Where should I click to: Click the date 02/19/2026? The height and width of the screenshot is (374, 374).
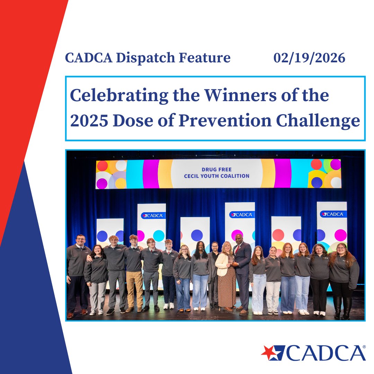pyautogui.click(x=309, y=58)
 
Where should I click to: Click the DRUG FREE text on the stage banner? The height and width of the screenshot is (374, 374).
pyautogui.click(x=216, y=170)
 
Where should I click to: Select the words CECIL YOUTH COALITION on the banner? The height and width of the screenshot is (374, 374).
pyautogui.click(x=216, y=176)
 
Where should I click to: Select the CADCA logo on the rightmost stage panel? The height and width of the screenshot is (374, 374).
pyautogui.click(x=331, y=214)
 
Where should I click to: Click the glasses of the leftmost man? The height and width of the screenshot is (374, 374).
pyautogui.click(x=80, y=239)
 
